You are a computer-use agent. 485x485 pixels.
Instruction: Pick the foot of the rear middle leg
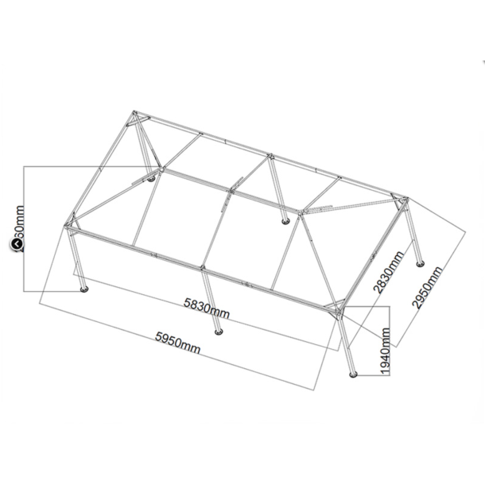coord(286,220)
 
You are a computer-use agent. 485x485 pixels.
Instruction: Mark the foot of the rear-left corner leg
coord(150,178)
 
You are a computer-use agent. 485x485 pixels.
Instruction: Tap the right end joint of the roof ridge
coord(301,213)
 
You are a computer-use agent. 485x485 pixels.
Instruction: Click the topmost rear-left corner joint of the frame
coord(135,117)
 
